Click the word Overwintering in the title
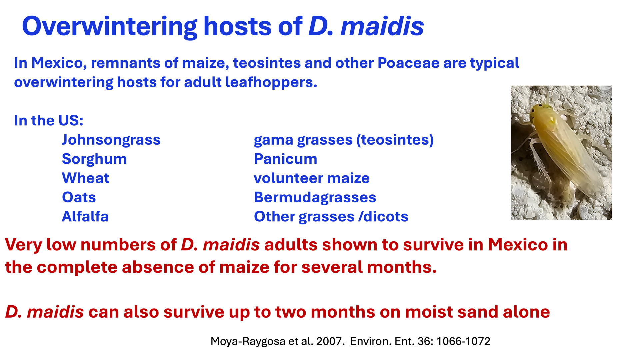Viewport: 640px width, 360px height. coord(110,27)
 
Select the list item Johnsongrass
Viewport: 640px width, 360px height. coord(111,140)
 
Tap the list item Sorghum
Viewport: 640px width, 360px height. coord(94,159)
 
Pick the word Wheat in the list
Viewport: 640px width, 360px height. coord(86,178)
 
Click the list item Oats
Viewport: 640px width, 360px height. coord(79,197)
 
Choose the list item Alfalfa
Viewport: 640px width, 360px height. coord(85,216)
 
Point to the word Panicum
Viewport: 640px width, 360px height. coord(286,159)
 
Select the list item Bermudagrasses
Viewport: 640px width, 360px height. coord(315,198)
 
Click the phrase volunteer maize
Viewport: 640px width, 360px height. coord(312,178)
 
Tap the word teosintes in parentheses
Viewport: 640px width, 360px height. coord(395,140)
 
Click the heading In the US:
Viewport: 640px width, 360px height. coord(49,121)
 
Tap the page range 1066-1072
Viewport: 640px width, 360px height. coord(463,341)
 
